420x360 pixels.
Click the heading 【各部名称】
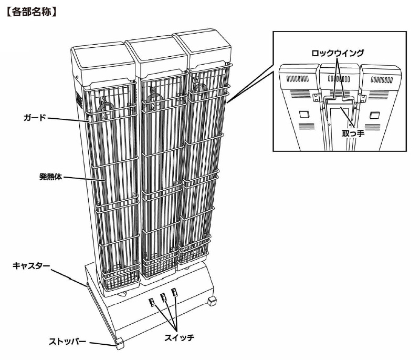click(x=31, y=12)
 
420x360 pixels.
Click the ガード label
click(x=35, y=117)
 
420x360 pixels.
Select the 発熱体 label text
click(x=50, y=177)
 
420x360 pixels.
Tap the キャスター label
click(x=31, y=265)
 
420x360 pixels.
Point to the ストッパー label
click(x=67, y=342)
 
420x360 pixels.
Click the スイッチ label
click(x=180, y=337)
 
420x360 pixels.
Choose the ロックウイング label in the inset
click(x=338, y=53)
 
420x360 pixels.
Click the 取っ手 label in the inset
click(x=353, y=133)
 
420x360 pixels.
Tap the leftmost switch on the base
click(x=152, y=302)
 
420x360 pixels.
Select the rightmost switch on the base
click(x=175, y=292)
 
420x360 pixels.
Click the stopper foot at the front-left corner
click(x=120, y=344)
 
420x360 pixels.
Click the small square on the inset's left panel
click(x=303, y=115)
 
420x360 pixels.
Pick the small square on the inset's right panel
click(x=374, y=115)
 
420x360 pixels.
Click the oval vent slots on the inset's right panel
click(x=382, y=79)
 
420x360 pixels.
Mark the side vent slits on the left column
click(x=79, y=100)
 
